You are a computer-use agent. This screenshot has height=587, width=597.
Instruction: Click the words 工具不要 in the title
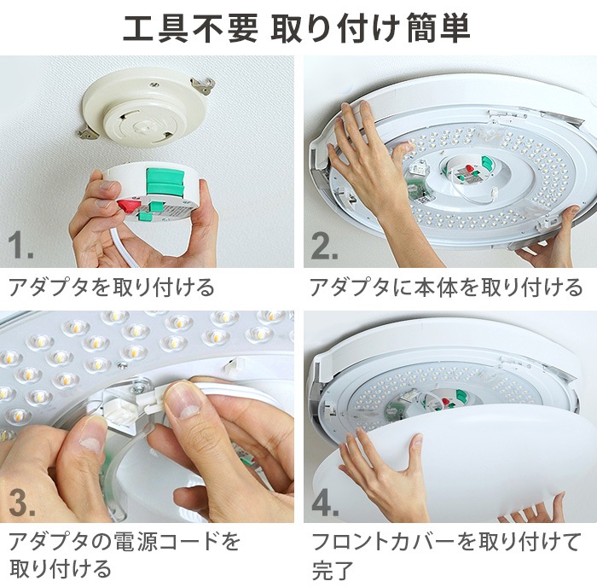[x=189, y=29]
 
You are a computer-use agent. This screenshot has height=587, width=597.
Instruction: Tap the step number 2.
[x=324, y=247]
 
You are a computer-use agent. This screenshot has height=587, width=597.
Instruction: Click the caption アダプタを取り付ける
[x=112, y=287]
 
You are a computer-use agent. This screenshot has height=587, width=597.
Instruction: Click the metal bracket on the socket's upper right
[x=202, y=84]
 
